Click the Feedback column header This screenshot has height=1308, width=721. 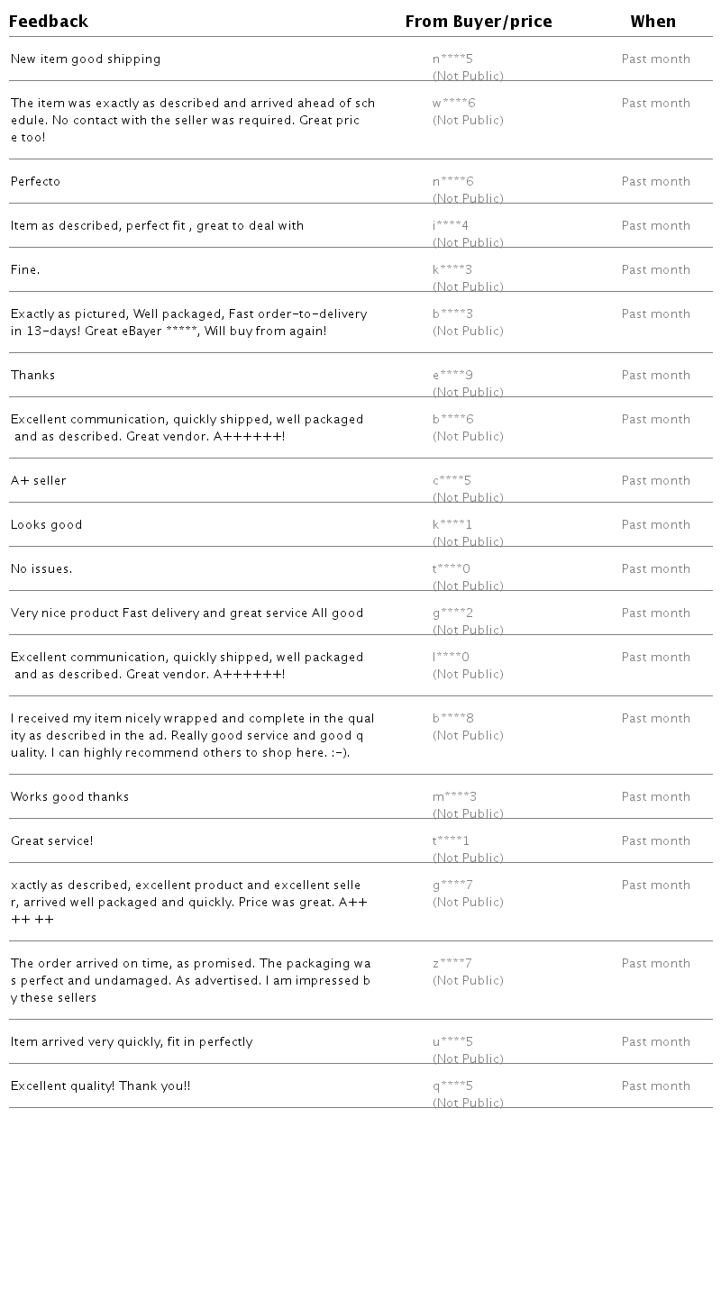(49, 22)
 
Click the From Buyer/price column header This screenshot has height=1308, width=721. (479, 22)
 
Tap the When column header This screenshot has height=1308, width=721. (653, 22)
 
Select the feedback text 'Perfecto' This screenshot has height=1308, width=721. (36, 182)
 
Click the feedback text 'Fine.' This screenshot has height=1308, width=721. (25, 270)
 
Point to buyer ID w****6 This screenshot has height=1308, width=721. (453, 104)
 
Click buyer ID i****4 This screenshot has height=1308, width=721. (451, 226)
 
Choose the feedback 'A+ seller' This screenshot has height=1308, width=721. (39, 481)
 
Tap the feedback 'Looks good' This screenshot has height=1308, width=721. (47, 525)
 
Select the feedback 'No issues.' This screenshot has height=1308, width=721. (41, 569)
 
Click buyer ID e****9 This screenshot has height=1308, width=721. (452, 376)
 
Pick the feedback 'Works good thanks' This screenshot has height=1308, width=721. (70, 797)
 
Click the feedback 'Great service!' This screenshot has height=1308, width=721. (52, 841)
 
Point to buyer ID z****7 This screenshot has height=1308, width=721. (452, 964)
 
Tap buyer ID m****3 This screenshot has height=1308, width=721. (455, 797)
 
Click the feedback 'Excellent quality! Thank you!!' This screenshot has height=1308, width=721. (101, 1086)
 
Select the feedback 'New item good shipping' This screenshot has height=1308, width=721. (86, 59)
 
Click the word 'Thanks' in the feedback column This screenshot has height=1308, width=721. (33, 376)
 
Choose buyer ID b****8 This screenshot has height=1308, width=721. (453, 719)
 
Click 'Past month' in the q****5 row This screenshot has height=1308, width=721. (656, 1086)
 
